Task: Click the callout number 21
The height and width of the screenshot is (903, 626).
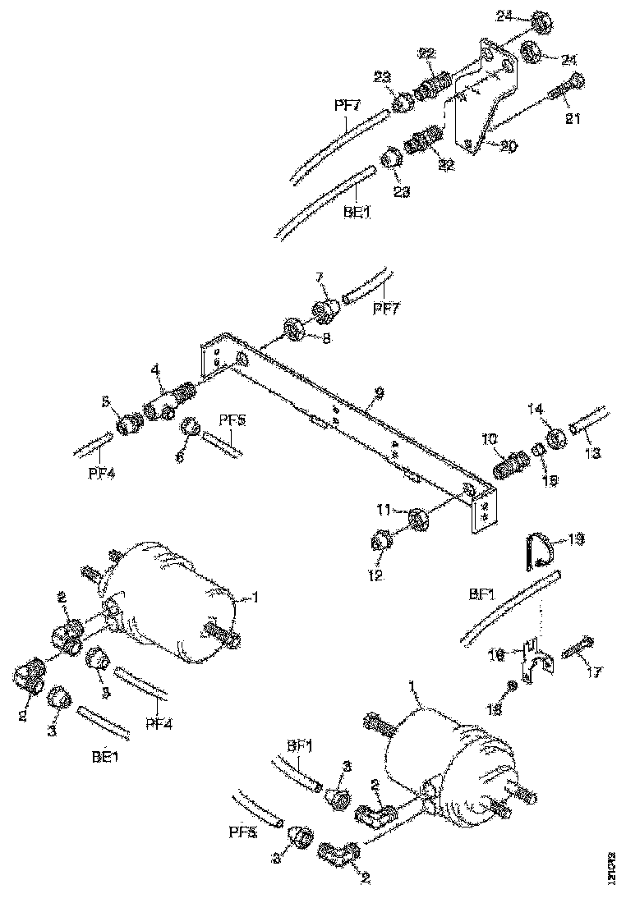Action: pyautogui.click(x=573, y=119)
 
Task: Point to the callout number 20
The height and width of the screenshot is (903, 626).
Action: pyautogui.click(x=509, y=147)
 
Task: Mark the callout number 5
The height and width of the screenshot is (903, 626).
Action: pyautogui.click(x=104, y=403)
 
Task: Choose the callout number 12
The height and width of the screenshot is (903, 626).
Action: pyautogui.click(x=374, y=577)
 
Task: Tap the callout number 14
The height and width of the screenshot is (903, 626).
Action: pyautogui.click(x=559, y=409)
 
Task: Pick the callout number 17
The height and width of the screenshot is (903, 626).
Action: pyautogui.click(x=593, y=672)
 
